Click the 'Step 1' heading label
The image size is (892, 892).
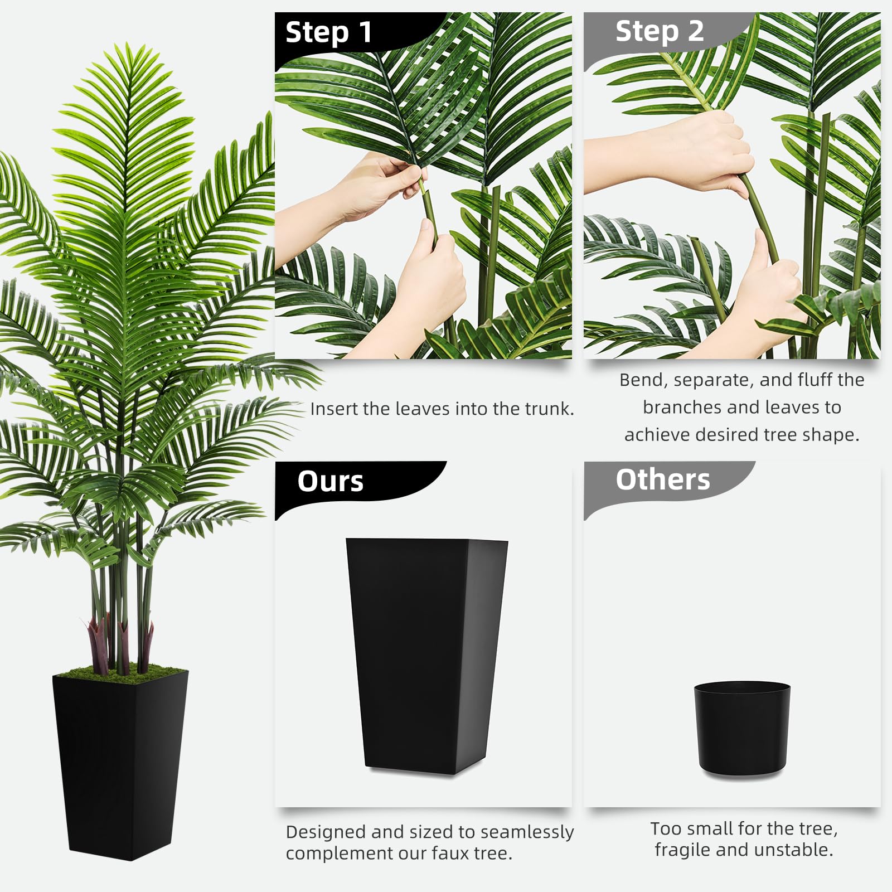328,32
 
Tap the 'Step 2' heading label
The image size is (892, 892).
660,31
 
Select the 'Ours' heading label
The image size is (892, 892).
330,481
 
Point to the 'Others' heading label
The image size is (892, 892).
663,479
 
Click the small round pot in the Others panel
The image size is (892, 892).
742,729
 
